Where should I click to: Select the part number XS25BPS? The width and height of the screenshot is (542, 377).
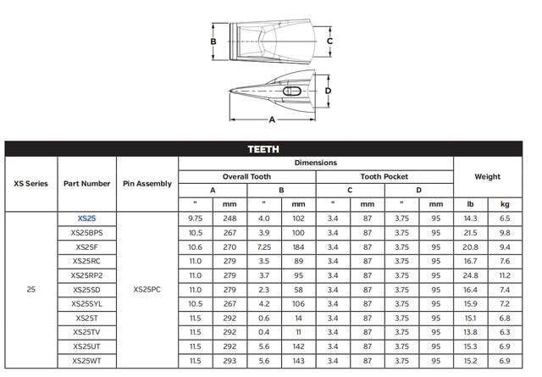(87, 232)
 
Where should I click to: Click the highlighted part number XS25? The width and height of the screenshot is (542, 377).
(87, 219)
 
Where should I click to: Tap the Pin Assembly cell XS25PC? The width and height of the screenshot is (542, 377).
(147, 290)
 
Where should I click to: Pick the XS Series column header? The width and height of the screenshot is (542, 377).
(31, 183)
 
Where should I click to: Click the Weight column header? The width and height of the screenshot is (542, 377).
(487, 176)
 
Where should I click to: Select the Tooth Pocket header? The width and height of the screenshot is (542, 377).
(384, 176)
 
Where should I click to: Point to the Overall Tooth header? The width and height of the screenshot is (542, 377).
(246, 176)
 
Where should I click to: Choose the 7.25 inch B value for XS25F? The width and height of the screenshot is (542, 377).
(263, 247)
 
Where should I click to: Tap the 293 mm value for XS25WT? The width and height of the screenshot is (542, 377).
(230, 362)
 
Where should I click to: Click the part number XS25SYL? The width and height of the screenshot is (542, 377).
(87, 304)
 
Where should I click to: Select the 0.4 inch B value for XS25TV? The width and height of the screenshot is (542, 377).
(263, 333)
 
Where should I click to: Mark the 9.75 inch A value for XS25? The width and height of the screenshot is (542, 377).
(195, 218)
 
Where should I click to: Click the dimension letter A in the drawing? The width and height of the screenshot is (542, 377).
(272, 120)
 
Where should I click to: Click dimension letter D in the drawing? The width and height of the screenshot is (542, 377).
(327, 91)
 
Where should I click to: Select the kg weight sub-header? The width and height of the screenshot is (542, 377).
(505, 204)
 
